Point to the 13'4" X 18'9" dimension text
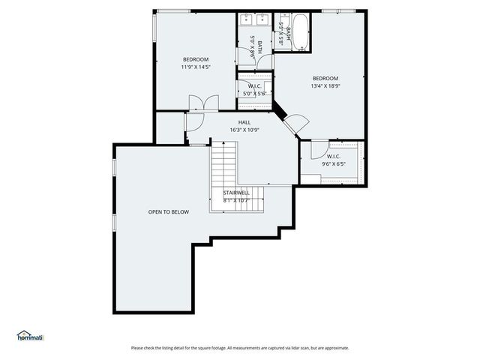tap(325, 85)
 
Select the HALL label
tap(244, 122)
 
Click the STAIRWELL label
tap(236, 193)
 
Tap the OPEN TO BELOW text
tap(168, 211)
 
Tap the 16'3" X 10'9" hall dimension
tap(244, 130)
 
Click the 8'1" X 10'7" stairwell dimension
tap(236, 200)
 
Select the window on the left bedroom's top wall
tap(173, 10)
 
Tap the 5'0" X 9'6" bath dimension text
tap(253, 48)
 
